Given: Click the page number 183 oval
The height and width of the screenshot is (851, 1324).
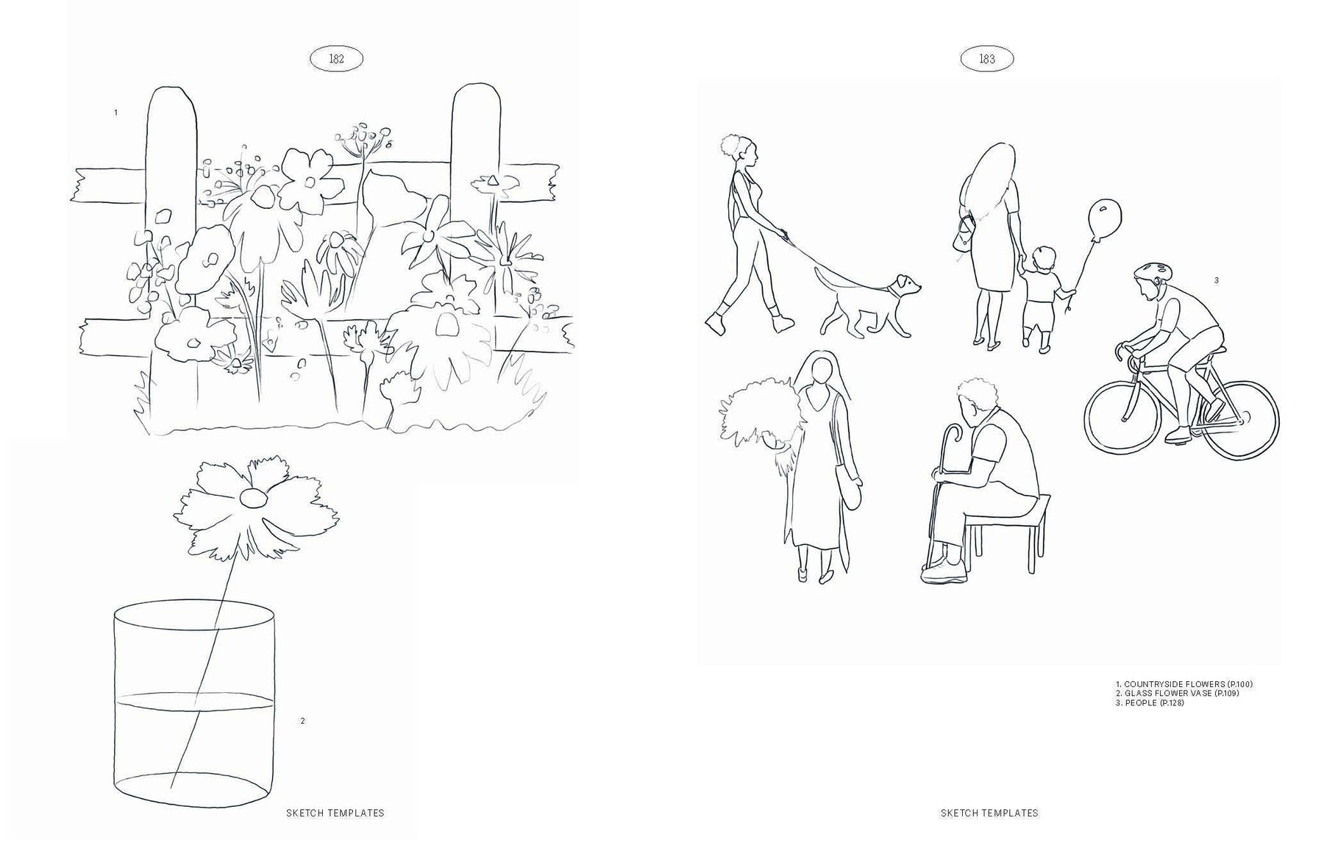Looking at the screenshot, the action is [987, 59].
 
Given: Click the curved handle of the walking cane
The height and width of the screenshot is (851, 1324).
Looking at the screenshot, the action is [953, 432].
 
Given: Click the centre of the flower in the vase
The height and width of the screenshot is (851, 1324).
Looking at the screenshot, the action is [252, 498].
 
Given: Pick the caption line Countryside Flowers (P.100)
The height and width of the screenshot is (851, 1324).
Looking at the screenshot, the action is [1184, 684].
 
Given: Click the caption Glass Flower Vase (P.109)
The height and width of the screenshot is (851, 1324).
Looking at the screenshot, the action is [1177, 694].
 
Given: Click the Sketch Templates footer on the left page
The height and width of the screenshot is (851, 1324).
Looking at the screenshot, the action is [335, 813].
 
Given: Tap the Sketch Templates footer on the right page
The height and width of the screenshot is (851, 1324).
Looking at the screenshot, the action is [989, 813].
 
